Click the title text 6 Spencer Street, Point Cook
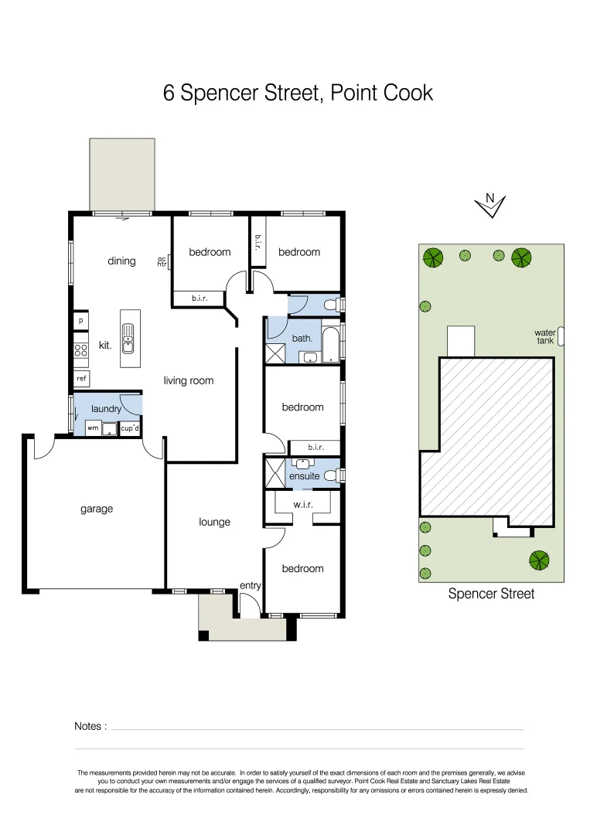298,94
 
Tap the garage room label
97,509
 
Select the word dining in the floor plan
121,261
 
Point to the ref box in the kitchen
81,379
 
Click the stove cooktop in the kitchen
80,349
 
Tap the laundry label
106,408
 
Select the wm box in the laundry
92,428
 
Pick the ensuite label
304,476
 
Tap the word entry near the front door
250,586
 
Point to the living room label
188,380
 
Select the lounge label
214,522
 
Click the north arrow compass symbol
489,205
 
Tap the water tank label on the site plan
545,336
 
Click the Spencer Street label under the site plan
491,595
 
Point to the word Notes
90,726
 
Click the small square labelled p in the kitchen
80,320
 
